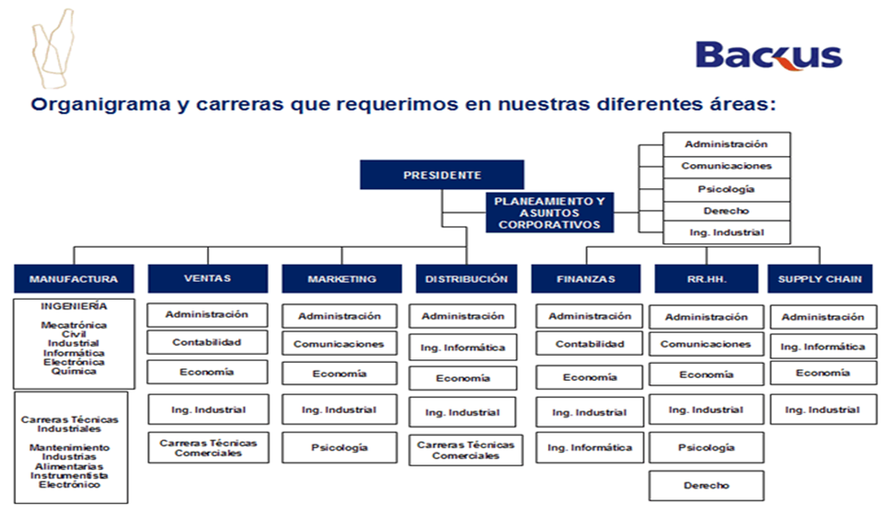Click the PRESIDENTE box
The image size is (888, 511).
pyautogui.click(x=442, y=174)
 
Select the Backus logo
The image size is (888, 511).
pyautogui.click(x=768, y=55)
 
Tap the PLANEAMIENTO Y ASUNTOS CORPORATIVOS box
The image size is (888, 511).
pyautogui.click(x=550, y=213)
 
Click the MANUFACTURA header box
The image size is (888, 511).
pyautogui.click(x=73, y=278)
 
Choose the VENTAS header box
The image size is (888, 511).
pyautogui.click(x=208, y=278)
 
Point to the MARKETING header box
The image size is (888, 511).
pyautogui.click(x=342, y=278)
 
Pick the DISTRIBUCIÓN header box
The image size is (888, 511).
pyautogui.click(x=466, y=278)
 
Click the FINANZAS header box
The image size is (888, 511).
pyautogui.click(x=585, y=278)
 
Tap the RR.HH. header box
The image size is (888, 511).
pyautogui.click(x=706, y=278)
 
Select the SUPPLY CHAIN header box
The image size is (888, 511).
pyautogui.click(x=820, y=278)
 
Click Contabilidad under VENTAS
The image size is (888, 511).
pyautogui.click(x=207, y=342)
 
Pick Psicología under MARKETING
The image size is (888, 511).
pyautogui.click(x=339, y=448)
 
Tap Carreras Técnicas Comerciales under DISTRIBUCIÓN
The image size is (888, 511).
pyautogui.click(x=466, y=449)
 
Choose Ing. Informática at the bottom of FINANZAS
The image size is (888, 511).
pyautogui.click(x=590, y=448)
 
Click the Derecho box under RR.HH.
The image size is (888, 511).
pyautogui.click(x=706, y=485)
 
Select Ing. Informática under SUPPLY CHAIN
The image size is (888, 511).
pyautogui.click(x=823, y=346)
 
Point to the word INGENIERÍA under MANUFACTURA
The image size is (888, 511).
pyautogui.click(x=73, y=306)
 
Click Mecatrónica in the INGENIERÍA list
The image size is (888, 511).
pyautogui.click(x=73, y=325)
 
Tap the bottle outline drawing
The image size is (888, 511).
pyautogui.click(x=53, y=49)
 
